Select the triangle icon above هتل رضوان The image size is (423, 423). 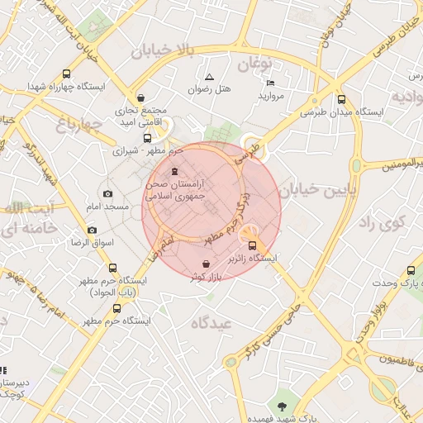tap(209, 77)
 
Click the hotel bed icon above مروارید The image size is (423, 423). tap(270, 83)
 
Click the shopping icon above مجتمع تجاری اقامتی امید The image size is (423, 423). tap(140, 96)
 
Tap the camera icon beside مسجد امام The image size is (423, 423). tap(107, 192)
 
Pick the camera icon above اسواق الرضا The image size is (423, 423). tap(92, 230)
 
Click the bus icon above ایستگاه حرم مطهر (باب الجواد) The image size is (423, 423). tap(113, 268)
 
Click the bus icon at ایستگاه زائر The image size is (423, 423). tap(253, 245)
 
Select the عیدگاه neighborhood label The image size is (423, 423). tap(212, 322)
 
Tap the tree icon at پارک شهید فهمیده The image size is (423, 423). tap(283, 405)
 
